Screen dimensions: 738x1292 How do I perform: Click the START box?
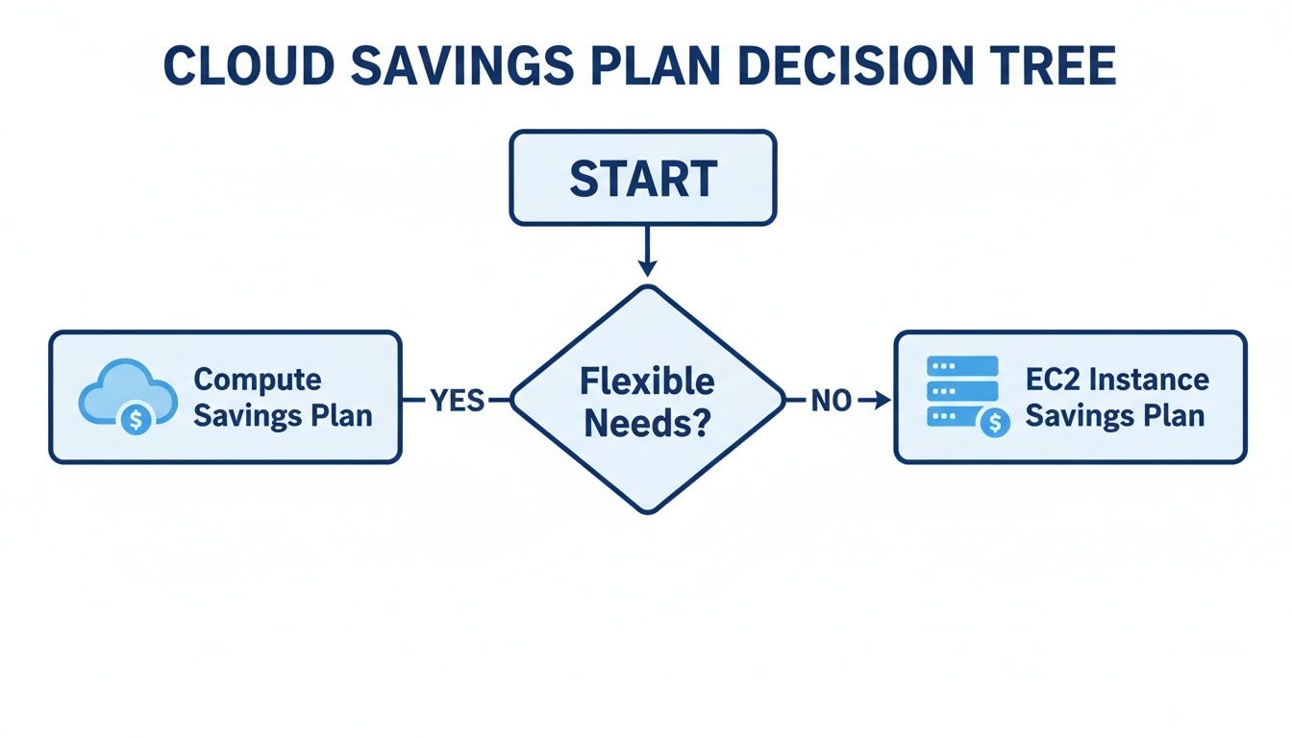coord(642,179)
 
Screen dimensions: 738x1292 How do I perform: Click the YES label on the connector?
coord(458,401)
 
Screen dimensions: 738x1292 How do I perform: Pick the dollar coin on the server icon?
coord(995,422)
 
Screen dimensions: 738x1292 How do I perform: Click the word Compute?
coord(258,380)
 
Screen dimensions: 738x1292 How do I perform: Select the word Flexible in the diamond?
coord(646,381)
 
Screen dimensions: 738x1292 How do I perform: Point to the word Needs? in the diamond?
coord(646,423)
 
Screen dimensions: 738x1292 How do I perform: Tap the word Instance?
coord(1148,379)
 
